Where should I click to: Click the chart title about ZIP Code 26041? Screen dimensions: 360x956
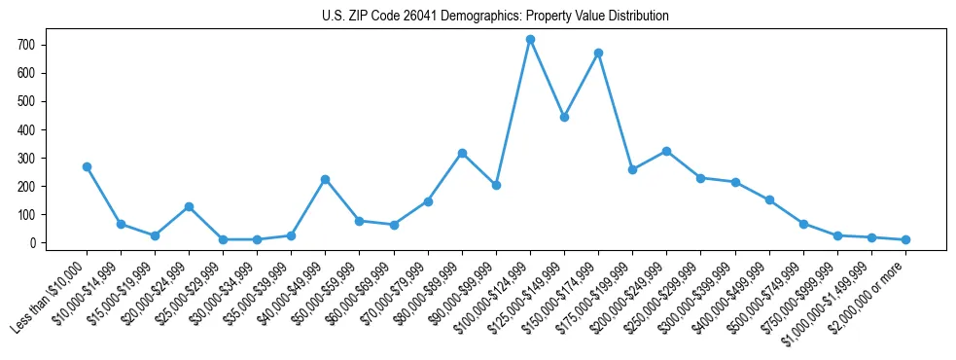click(x=495, y=17)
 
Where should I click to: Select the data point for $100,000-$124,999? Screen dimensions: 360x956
click(x=530, y=40)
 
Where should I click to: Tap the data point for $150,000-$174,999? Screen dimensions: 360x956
click(x=598, y=53)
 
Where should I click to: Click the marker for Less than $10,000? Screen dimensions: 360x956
click(x=87, y=166)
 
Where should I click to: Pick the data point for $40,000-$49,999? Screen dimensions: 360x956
click(x=325, y=179)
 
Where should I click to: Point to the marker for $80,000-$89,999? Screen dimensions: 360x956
click(x=462, y=153)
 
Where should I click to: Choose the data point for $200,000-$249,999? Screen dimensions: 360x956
click(x=666, y=151)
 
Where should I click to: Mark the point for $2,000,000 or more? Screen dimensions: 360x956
click(x=905, y=239)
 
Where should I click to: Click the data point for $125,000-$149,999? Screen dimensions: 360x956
click(x=564, y=117)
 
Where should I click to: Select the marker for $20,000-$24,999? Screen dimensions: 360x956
click(x=189, y=206)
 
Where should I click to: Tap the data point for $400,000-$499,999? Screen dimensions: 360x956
click(x=769, y=200)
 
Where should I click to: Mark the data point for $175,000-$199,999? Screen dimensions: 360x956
click(x=632, y=169)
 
